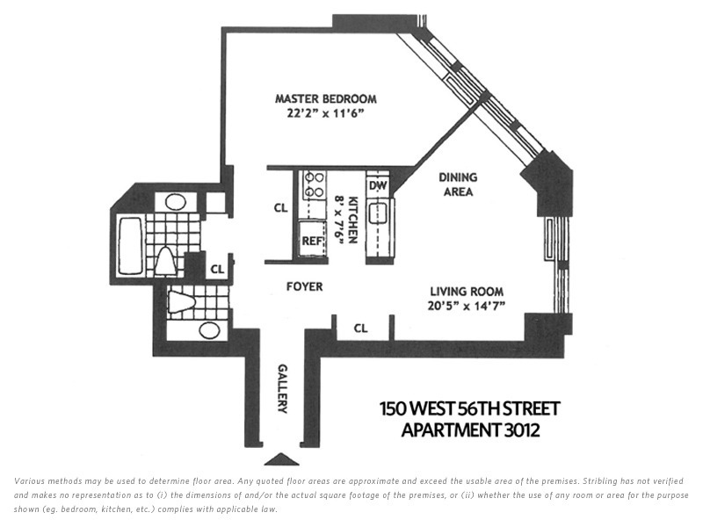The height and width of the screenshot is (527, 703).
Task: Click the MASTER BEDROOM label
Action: (325, 98)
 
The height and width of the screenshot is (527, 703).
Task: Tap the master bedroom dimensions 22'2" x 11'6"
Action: (325, 113)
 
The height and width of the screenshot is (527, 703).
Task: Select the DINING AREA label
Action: (456, 184)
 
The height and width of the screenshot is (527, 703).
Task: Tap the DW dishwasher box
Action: (378, 185)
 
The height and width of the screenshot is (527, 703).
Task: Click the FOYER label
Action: (304, 286)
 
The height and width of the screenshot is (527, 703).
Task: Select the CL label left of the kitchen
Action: (280, 209)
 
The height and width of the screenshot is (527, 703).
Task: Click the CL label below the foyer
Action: (360, 328)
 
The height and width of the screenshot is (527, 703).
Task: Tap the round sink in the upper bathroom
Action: (175, 201)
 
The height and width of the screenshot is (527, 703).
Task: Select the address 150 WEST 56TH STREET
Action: (469, 409)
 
